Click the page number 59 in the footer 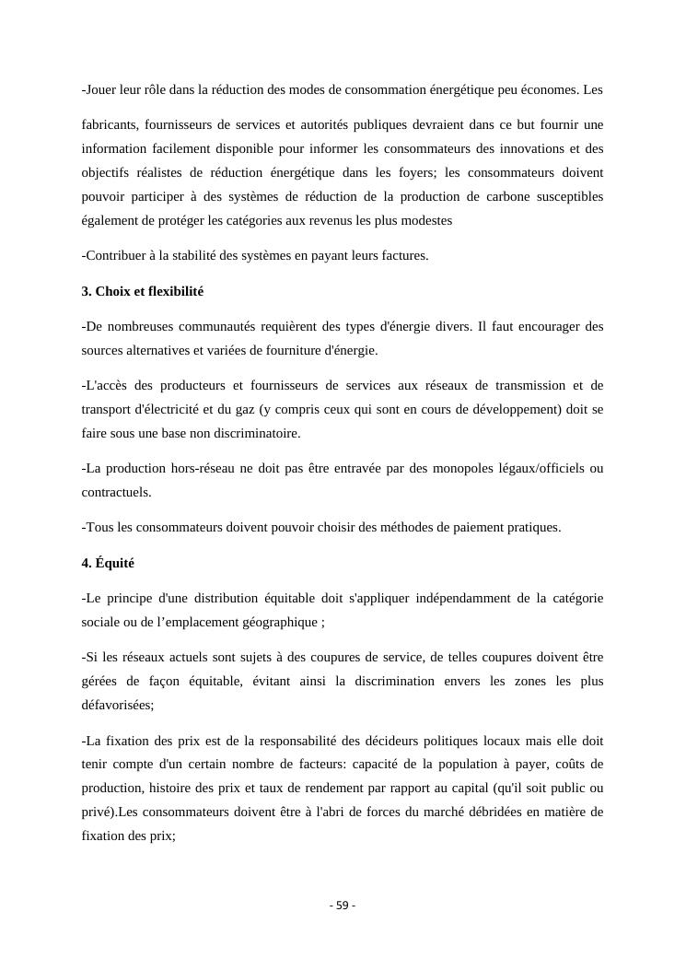343,906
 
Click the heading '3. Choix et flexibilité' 143,291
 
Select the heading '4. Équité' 108,563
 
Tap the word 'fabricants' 109,124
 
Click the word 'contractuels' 115,493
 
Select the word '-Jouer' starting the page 99,89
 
